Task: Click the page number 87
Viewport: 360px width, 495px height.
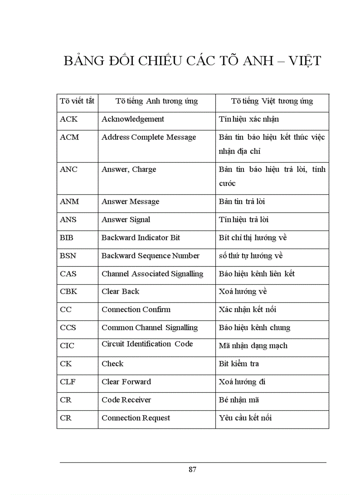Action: pos(192,469)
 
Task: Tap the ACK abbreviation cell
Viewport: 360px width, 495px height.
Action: pos(68,119)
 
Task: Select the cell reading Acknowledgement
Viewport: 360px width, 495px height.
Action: pos(133,119)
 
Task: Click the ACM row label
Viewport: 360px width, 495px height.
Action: pos(69,137)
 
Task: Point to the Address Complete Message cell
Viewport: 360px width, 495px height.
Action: pos(149,137)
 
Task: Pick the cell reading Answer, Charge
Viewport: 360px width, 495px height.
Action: pos(129,169)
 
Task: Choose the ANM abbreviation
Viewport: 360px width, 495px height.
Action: pos(69,201)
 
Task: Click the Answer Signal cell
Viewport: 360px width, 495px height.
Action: pos(126,220)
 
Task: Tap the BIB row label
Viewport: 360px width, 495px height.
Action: pos(67,238)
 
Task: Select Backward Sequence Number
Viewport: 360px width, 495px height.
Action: pos(150,256)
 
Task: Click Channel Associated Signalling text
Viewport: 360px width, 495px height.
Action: pos(152,274)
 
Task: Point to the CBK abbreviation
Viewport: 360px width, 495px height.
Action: pos(68,291)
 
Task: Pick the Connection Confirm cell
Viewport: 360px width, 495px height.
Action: pos(136,309)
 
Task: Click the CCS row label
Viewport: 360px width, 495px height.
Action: pos(68,328)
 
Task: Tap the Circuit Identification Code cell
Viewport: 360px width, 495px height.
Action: pos(147,344)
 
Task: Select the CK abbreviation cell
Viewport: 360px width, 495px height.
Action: pos(66,364)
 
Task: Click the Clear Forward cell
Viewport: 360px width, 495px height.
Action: pos(126,382)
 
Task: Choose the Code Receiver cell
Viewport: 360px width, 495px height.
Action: pos(126,400)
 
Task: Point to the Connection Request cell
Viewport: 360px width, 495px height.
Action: pos(135,418)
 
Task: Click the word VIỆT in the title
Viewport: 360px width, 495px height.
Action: pos(304,61)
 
